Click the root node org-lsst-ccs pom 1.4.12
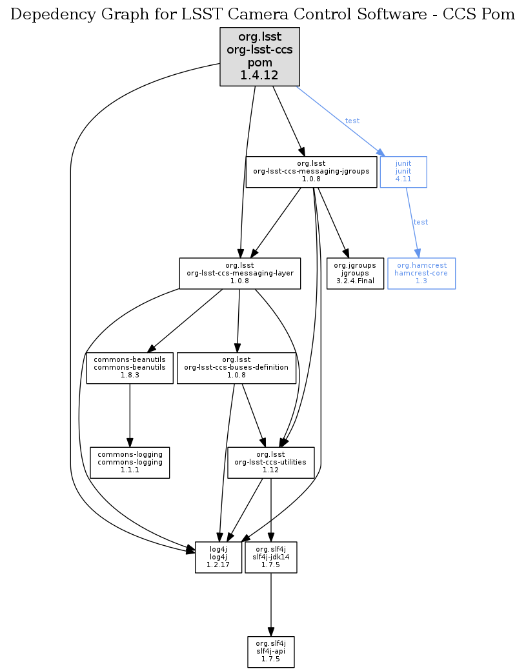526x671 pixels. coord(259,57)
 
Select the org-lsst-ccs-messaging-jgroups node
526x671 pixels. coord(311,172)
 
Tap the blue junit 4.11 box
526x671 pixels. coord(403,172)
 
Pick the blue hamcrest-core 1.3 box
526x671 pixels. coord(421,274)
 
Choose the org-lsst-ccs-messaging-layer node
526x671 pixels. coord(239,274)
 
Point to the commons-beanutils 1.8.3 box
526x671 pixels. coord(130,368)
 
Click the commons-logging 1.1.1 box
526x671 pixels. coord(130,463)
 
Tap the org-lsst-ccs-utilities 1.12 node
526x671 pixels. coord(270,463)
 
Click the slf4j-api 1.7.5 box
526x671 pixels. coord(270,652)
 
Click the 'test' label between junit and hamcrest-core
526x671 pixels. coord(420,222)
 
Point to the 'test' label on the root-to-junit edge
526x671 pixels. coord(352,121)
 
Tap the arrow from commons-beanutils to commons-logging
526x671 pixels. coord(130,413)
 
